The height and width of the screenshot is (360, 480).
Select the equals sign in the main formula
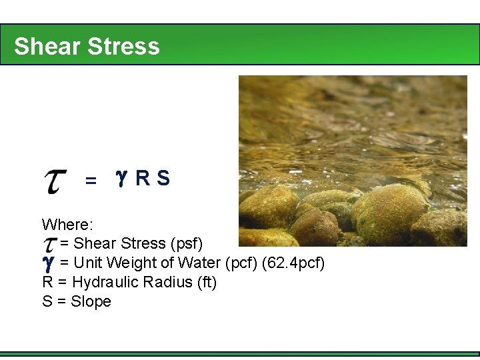click(x=91, y=181)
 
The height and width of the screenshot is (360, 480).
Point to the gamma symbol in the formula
click(x=121, y=177)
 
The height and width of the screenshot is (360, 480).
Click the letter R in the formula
click(x=142, y=179)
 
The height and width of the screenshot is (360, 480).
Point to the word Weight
click(x=127, y=263)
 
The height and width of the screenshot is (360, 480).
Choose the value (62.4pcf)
click(x=294, y=263)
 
